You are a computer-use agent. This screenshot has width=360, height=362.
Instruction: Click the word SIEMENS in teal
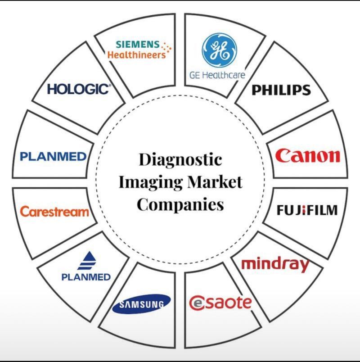(x=138, y=44)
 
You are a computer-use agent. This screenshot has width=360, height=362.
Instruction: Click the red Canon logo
(x=308, y=155)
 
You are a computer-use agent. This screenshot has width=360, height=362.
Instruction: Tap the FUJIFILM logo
(x=307, y=210)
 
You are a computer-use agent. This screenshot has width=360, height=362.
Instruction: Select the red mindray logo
(x=275, y=264)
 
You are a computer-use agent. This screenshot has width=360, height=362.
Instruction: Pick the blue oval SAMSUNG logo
(x=141, y=304)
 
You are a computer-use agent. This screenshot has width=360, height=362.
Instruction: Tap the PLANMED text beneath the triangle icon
(x=85, y=277)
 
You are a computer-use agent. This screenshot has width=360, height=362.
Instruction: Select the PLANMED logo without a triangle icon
(x=53, y=157)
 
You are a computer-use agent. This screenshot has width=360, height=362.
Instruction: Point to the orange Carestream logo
(x=54, y=211)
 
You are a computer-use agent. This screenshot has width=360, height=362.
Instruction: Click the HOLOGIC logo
(x=79, y=89)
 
